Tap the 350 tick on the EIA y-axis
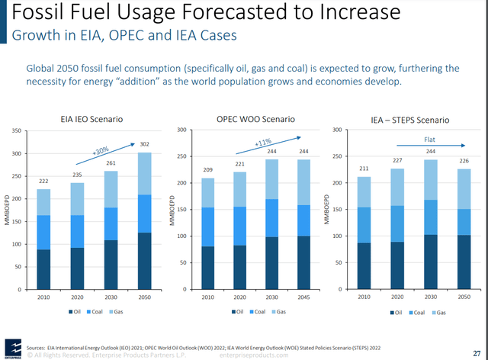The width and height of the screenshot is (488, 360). click(x=17, y=131)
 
